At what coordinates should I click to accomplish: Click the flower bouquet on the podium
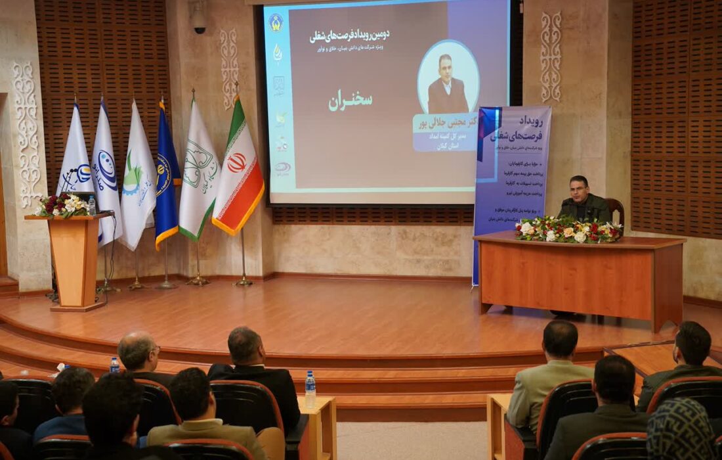62,206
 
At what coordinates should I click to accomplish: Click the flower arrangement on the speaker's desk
568,231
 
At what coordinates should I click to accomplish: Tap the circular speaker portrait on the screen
448,77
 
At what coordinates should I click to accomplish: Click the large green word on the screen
350,101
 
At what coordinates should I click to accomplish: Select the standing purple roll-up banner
512,177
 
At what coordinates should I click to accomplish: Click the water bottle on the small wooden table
310,389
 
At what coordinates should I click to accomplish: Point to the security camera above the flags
198,20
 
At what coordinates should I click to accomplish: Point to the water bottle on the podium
92,206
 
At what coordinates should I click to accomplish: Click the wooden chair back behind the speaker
616,209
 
